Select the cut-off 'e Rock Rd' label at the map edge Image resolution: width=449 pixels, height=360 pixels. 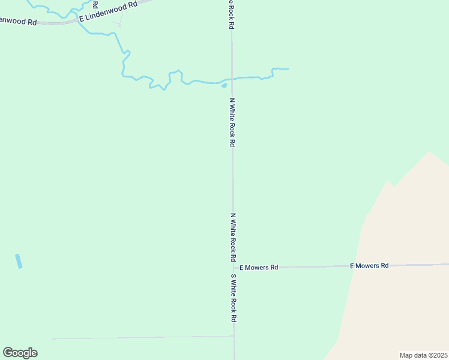(x=231, y=14)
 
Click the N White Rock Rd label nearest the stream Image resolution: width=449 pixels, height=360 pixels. (x=232, y=122)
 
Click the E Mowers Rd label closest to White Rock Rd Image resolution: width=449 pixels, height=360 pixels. (x=259, y=268)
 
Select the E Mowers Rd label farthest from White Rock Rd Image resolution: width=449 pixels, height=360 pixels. (x=369, y=265)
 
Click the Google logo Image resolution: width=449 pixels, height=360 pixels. (x=20, y=353)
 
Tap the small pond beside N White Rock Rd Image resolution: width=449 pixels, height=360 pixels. (x=224, y=85)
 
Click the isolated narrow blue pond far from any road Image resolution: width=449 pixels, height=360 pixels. (x=19, y=262)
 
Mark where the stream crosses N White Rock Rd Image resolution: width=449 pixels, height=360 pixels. (x=232, y=79)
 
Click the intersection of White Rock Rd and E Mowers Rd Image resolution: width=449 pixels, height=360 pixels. (x=234, y=268)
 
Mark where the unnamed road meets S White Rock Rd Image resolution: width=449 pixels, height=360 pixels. (x=234, y=336)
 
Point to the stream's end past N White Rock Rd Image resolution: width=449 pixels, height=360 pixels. (x=288, y=69)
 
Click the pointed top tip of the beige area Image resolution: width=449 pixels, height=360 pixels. (x=429, y=152)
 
